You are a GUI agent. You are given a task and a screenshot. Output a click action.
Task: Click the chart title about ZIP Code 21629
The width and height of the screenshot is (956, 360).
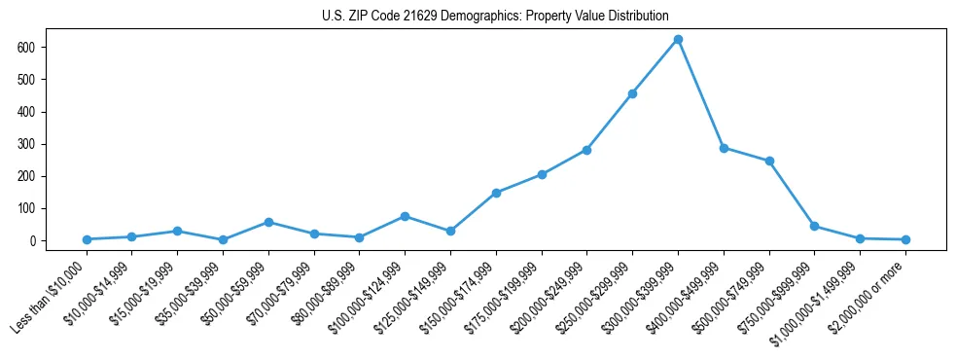[x=495, y=17]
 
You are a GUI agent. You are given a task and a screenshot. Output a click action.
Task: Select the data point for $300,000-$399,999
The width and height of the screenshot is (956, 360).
[x=678, y=40]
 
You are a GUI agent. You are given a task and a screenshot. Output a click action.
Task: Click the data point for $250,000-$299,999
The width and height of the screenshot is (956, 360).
[x=632, y=94]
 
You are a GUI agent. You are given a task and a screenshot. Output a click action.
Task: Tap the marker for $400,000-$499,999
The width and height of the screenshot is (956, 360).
[x=724, y=148]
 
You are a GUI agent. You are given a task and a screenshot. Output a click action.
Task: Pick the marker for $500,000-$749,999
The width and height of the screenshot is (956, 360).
[x=769, y=161]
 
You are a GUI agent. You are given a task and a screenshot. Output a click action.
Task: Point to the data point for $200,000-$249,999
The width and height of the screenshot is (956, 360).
[x=586, y=150]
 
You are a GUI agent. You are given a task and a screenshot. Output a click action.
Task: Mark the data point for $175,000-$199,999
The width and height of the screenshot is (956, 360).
[x=542, y=174]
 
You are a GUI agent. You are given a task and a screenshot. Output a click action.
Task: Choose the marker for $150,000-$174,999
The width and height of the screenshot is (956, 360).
[x=496, y=193]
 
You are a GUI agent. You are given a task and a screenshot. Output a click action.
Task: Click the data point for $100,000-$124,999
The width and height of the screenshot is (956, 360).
[x=405, y=216]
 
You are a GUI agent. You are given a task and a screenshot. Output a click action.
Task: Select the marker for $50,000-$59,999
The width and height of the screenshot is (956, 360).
[x=268, y=222]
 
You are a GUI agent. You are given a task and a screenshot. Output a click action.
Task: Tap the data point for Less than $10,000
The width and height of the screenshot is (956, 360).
[x=87, y=239]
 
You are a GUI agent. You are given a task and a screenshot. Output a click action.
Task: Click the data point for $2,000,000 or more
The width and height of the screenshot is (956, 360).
[x=905, y=239]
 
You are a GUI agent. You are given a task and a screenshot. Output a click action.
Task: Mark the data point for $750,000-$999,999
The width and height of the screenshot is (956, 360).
[x=814, y=226]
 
